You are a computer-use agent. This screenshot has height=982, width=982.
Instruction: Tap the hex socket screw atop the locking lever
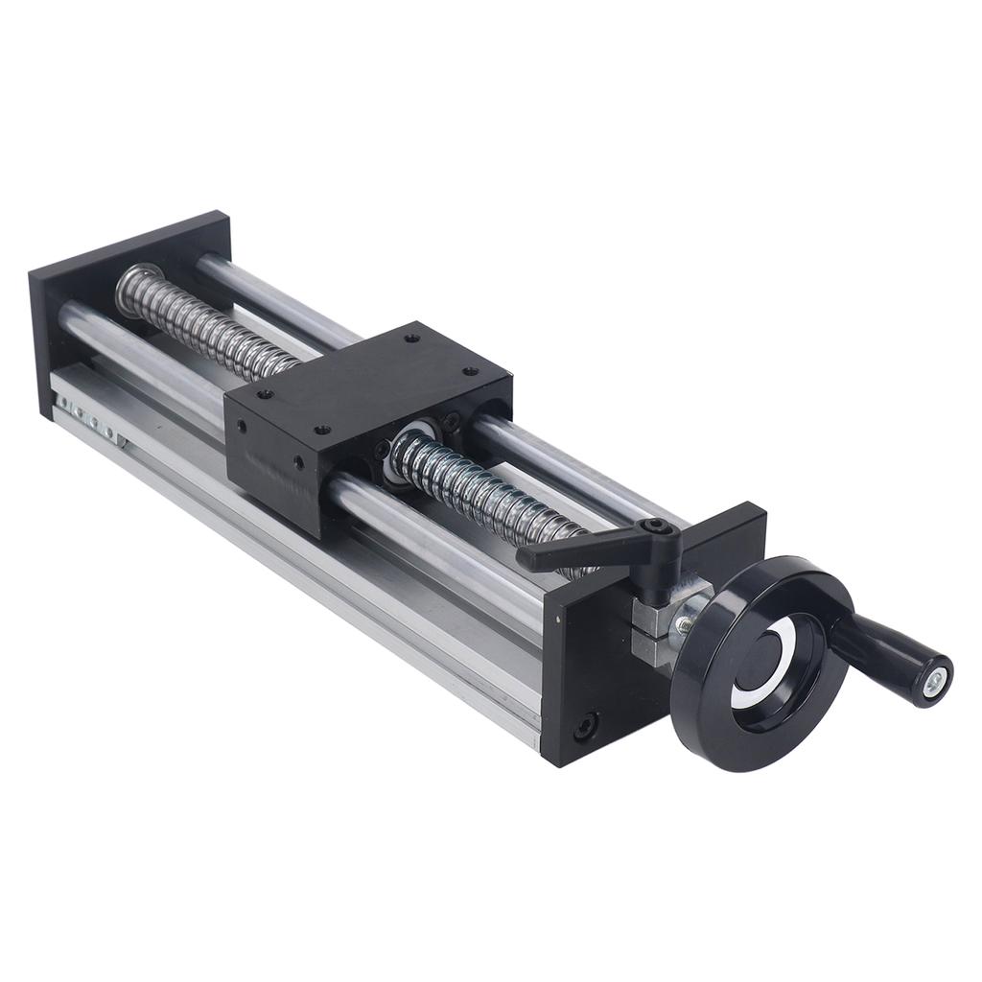click(x=656, y=526)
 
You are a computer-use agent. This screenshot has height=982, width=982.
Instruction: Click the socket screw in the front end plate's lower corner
click(x=584, y=726)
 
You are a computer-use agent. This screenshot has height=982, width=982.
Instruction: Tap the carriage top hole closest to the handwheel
click(x=470, y=372)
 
